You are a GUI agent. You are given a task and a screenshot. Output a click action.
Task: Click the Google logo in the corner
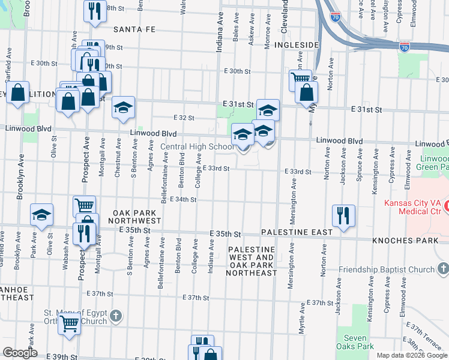click(x=20, y=353)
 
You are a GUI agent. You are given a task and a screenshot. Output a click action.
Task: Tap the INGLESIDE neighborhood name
click(x=295, y=45)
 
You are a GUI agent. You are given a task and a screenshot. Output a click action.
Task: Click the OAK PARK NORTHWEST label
click(x=136, y=217)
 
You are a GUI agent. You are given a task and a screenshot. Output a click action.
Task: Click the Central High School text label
click(x=197, y=146)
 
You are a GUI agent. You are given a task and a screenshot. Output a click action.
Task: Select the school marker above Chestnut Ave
click(x=124, y=107)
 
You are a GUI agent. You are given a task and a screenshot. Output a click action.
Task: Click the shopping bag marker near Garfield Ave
click(x=18, y=93)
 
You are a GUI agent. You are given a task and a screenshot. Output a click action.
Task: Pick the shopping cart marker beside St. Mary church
click(x=70, y=323)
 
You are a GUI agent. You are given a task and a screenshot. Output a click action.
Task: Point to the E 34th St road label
click(x=183, y=199)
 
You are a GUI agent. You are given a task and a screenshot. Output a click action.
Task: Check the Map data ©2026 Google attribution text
click(x=412, y=355)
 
